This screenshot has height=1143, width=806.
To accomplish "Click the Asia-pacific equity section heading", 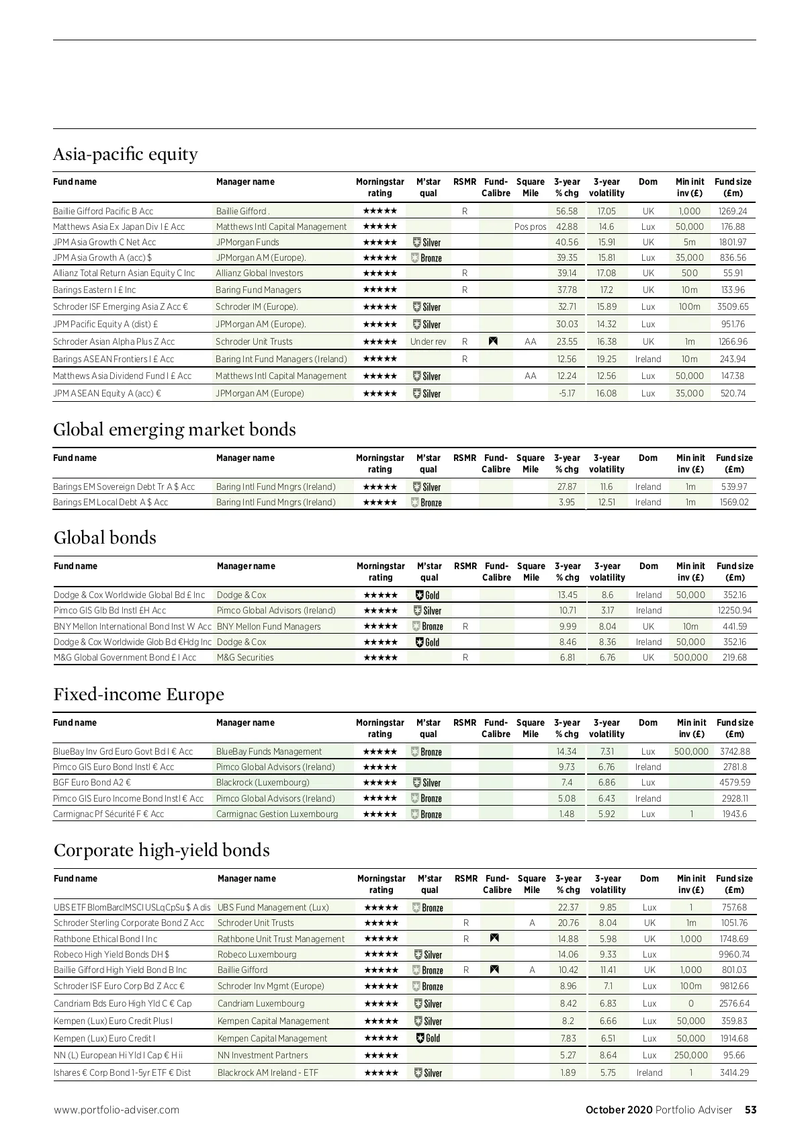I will click(126, 155).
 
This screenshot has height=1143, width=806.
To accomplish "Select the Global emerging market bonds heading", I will click(175, 429).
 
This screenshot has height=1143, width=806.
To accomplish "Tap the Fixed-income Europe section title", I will click(139, 694).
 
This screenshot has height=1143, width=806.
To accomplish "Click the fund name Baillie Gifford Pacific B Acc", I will click(103, 211).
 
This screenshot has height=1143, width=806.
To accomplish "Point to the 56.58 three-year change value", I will click(567, 211).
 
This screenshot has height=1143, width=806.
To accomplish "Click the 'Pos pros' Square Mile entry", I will click(531, 227).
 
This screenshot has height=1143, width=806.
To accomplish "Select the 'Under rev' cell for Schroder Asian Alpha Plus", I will click(428, 341).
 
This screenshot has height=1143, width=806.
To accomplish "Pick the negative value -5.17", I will click(567, 393).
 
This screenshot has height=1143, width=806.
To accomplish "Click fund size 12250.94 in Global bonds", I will click(735, 611).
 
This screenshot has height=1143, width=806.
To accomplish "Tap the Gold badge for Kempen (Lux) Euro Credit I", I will click(429, 1038).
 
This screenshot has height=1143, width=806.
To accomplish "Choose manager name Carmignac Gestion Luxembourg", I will click(277, 814).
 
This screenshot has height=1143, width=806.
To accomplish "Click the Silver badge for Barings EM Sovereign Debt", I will click(427, 487).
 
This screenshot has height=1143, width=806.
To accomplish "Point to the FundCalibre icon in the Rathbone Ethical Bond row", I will click(495, 938).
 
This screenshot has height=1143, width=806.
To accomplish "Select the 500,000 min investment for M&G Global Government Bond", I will click(690, 657).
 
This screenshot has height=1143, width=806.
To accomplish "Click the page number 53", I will click(750, 1110).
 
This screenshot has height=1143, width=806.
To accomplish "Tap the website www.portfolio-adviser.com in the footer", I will click(117, 1110).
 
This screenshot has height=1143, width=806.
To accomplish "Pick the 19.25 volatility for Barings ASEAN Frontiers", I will click(607, 359).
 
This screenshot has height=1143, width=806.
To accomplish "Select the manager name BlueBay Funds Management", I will click(269, 751).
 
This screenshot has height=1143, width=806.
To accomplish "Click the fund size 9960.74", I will click(734, 954).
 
